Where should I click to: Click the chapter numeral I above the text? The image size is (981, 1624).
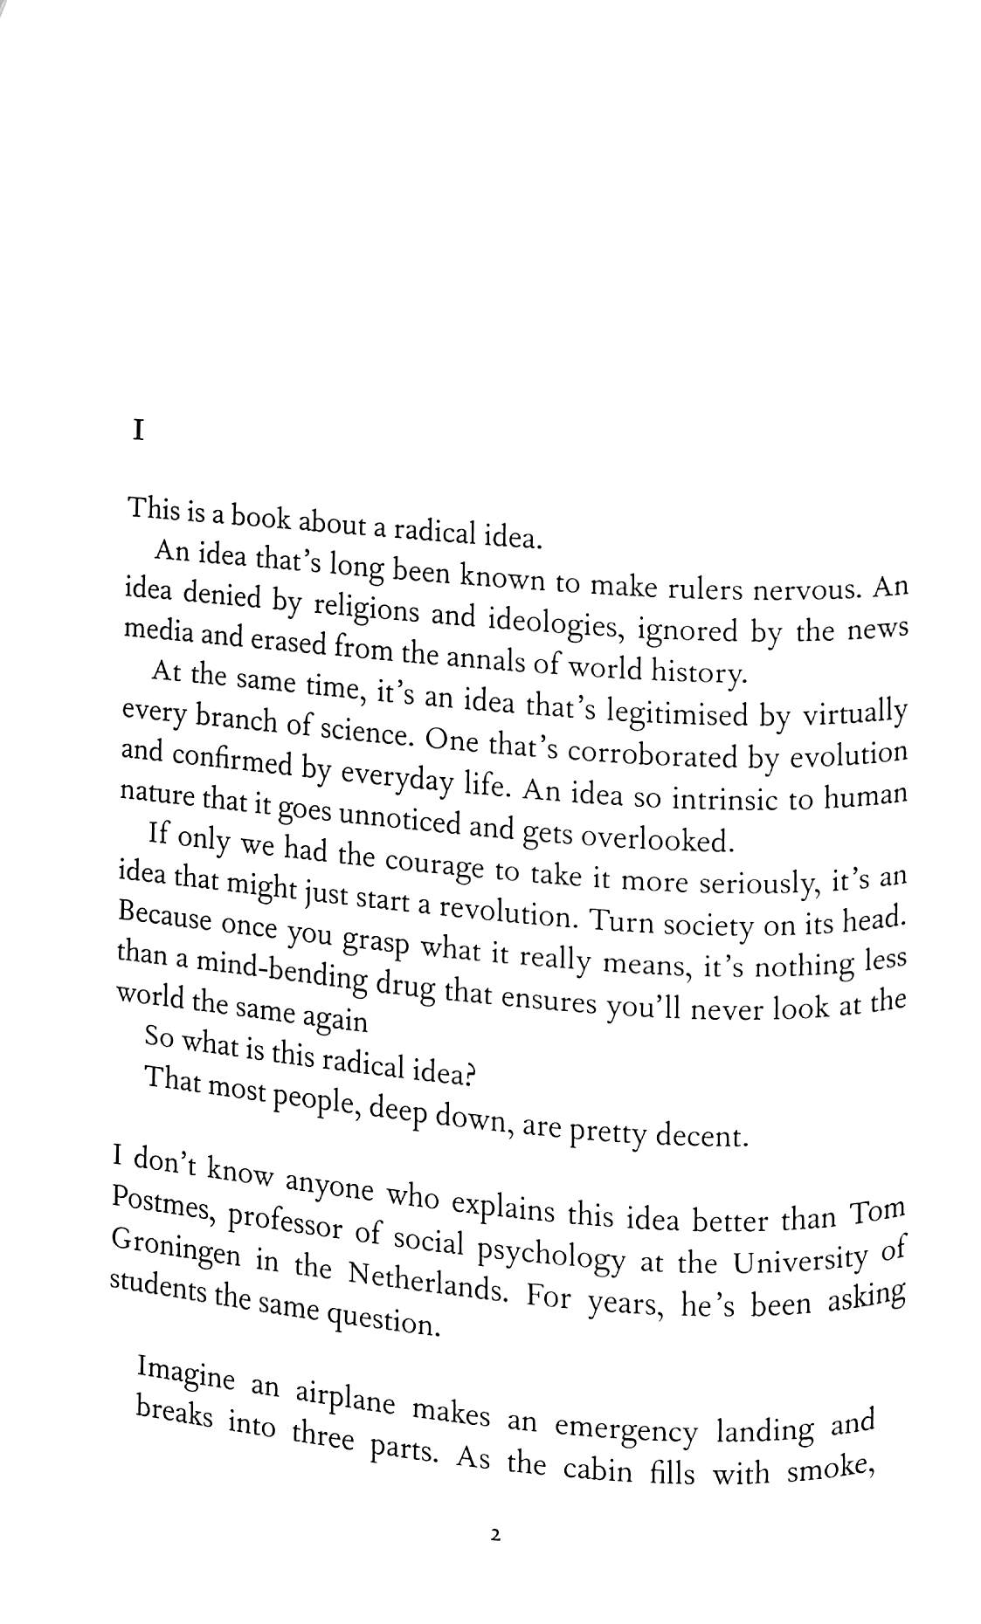[137, 430]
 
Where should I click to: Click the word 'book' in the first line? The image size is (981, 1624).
[259, 517]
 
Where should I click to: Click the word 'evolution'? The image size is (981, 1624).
[848, 754]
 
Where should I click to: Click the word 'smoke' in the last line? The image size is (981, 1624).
[831, 1469]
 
